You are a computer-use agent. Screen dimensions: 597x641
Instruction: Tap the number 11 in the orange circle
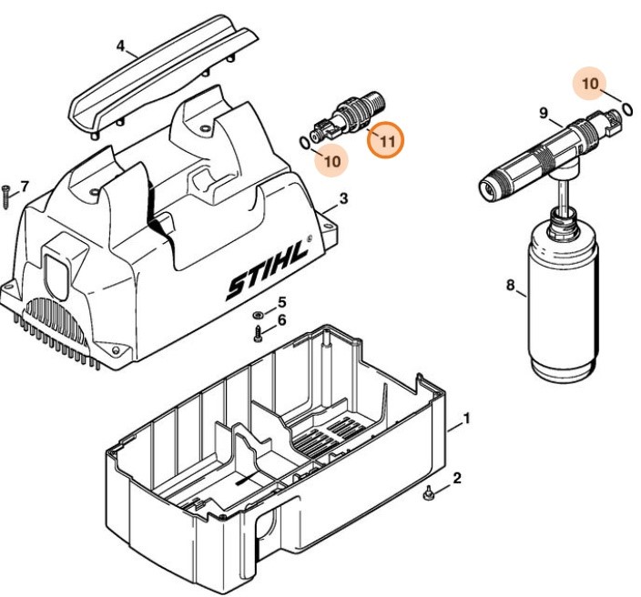click(x=387, y=142)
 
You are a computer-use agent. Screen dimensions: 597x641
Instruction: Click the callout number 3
click(x=343, y=198)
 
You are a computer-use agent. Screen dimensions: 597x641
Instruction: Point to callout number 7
click(x=24, y=187)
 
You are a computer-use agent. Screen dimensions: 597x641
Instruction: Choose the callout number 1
click(x=466, y=420)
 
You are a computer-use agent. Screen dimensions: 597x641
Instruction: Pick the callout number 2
click(x=457, y=478)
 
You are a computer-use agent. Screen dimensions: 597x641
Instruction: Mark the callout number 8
click(x=510, y=286)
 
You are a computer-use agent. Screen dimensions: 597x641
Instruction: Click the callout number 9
click(x=543, y=114)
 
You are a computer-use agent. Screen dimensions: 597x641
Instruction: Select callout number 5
click(x=281, y=302)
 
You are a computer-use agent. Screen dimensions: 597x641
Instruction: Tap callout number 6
click(x=281, y=319)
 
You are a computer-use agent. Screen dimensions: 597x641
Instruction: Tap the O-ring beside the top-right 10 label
click(x=627, y=109)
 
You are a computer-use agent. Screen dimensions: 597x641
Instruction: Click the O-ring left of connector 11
click(x=303, y=141)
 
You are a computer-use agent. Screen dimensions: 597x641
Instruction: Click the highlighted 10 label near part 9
click(x=590, y=84)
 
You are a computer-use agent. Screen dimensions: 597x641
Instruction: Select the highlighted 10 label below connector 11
click(x=332, y=161)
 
